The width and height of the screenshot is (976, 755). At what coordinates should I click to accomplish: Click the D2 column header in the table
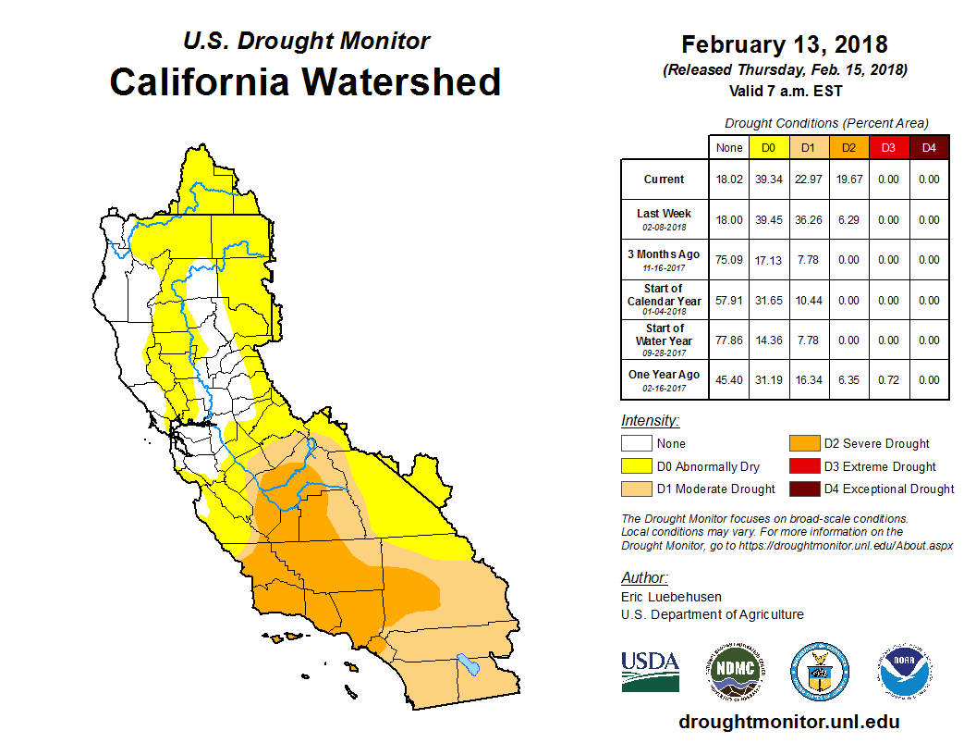pyautogui.click(x=848, y=147)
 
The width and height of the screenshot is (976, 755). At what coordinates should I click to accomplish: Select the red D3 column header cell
pyautogui.click(x=888, y=147)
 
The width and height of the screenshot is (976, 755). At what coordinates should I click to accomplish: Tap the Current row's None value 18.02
pyautogui.click(x=728, y=179)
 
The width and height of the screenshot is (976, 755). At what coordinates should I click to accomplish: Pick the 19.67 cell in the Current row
pyautogui.click(x=848, y=179)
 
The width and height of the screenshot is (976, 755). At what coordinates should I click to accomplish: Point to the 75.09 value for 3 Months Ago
pyautogui.click(x=728, y=260)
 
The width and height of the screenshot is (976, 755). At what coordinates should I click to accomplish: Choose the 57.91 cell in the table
pyautogui.click(x=728, y=301)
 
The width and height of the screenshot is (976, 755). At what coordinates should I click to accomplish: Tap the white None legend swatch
pyautogui.click(x=636, y=444)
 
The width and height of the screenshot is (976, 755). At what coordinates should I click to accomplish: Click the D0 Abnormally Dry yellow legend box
pyautogui.click(x=636, y=466)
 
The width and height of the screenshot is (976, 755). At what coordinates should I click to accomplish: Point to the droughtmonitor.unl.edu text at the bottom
pyautogui.click(x=788, y=722)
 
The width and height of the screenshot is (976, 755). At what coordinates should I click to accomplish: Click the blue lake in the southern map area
pyautogui.click(x=469, y=664)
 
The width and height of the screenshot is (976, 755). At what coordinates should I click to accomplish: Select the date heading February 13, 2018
pyautogui.click(x=785, y=44)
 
